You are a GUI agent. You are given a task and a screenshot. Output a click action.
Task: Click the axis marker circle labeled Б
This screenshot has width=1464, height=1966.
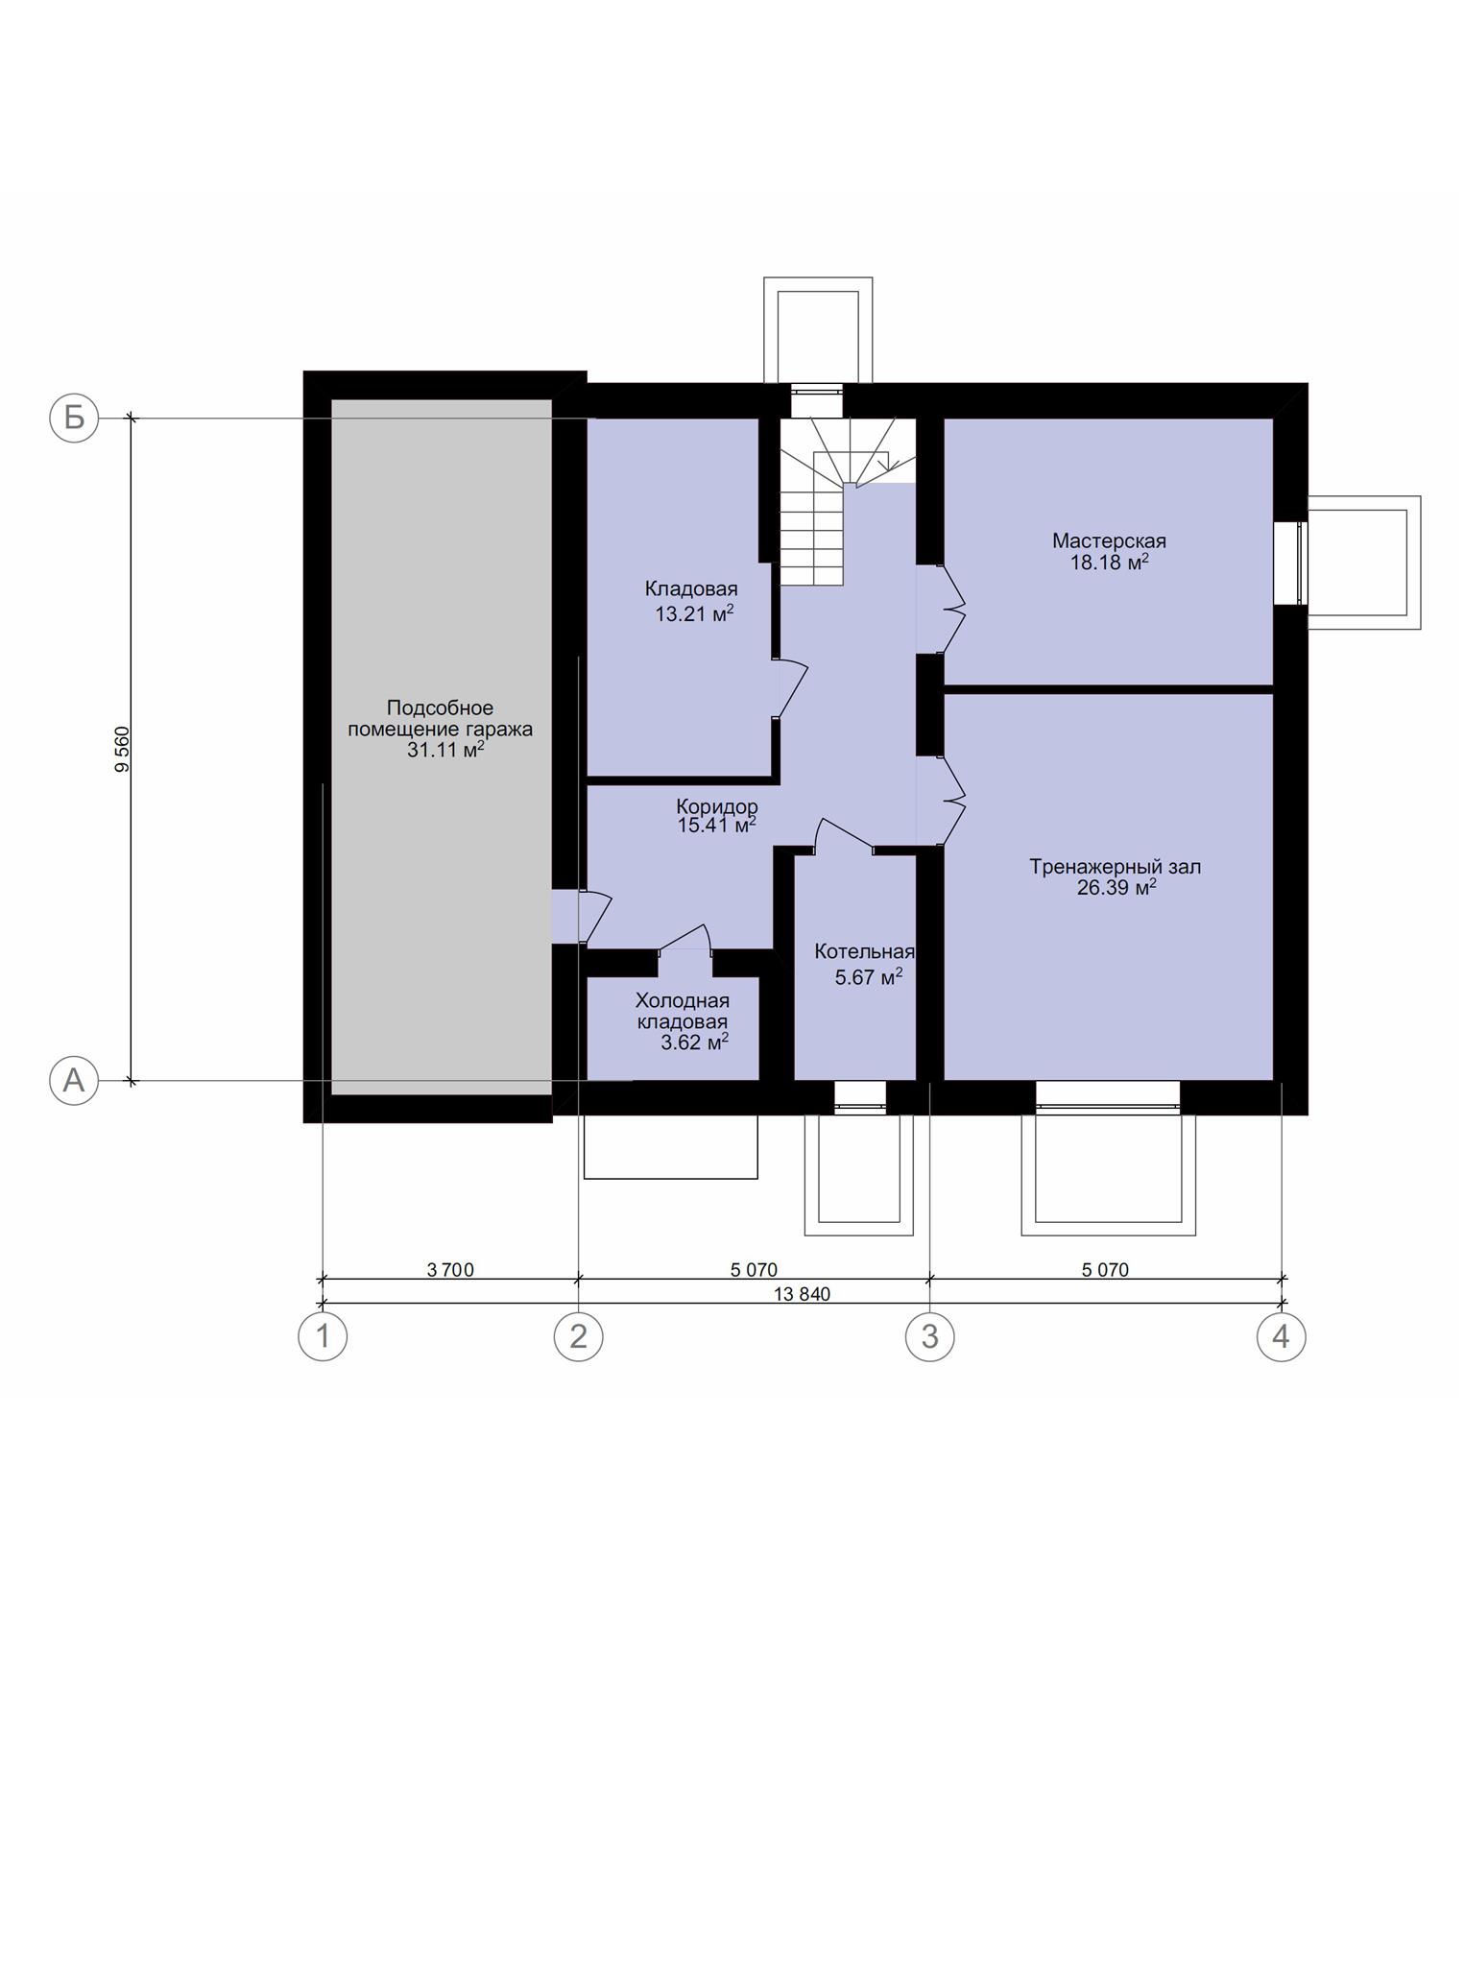point(74,418)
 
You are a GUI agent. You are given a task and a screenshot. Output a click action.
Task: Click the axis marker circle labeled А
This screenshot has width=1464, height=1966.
point(74,1081)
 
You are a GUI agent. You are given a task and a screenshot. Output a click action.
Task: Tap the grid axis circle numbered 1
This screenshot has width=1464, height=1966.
point(323,1336)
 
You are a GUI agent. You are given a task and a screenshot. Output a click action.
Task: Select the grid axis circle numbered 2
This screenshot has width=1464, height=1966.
point(578,1336)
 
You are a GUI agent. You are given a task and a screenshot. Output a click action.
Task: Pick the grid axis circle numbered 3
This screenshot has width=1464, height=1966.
point(929,1336)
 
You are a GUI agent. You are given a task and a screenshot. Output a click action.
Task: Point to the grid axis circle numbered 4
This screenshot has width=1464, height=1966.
point(1282,1336)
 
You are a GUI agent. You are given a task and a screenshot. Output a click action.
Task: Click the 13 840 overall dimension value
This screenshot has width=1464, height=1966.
point(802,1294)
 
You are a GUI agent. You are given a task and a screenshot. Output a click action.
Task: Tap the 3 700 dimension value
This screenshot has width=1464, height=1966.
point(450,1270)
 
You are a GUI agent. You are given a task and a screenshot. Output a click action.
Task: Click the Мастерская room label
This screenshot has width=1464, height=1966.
point(1109,540)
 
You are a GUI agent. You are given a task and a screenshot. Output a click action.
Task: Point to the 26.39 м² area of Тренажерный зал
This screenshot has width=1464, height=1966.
point(1116,888)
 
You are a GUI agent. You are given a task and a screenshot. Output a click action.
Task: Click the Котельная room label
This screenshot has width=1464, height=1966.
point(864,951)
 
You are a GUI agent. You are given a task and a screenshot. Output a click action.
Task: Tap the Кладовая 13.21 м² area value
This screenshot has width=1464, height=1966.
point(694,613)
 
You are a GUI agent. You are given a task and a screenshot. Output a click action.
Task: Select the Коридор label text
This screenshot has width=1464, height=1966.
point(716,805)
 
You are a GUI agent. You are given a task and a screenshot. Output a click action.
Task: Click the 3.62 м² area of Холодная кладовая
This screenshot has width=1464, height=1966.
point(694,1042)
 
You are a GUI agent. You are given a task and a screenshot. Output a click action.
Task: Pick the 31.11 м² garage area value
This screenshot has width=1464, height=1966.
point(445,750)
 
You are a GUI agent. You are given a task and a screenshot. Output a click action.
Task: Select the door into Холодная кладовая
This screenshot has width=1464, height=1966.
point(685,940)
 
